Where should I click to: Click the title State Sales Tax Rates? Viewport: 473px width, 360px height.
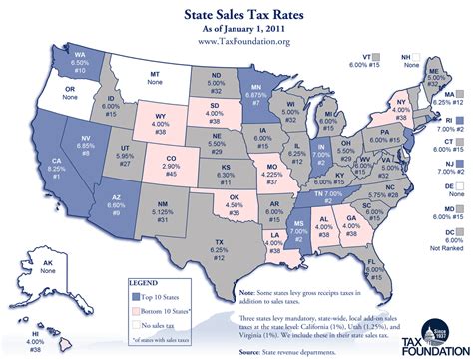236,16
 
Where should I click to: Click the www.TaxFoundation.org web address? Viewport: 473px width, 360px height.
236,41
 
